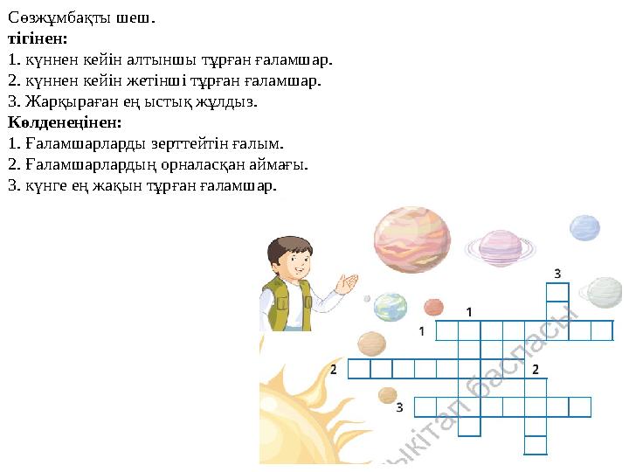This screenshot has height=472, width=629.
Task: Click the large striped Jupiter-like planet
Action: (411, 236)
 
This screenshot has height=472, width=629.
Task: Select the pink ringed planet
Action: (500, 246)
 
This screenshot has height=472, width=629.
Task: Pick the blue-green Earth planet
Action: (391, 306)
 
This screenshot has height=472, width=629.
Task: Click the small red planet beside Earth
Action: (433, 307)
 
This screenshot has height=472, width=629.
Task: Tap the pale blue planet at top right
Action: (584, 228)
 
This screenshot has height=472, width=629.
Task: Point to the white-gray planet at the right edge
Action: (604, 292)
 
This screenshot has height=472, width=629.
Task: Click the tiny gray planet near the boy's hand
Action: (367, 298)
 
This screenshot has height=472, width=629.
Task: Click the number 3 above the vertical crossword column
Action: (557, 273)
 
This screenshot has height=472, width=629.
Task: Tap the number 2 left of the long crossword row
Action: (334, 370)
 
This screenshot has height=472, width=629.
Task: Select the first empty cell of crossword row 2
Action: (359, 369)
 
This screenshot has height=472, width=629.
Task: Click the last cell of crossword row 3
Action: (580, 406)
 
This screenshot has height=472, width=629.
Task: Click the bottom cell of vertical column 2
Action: (536, 445)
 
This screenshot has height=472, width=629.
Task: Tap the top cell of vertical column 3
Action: (557, 292)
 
